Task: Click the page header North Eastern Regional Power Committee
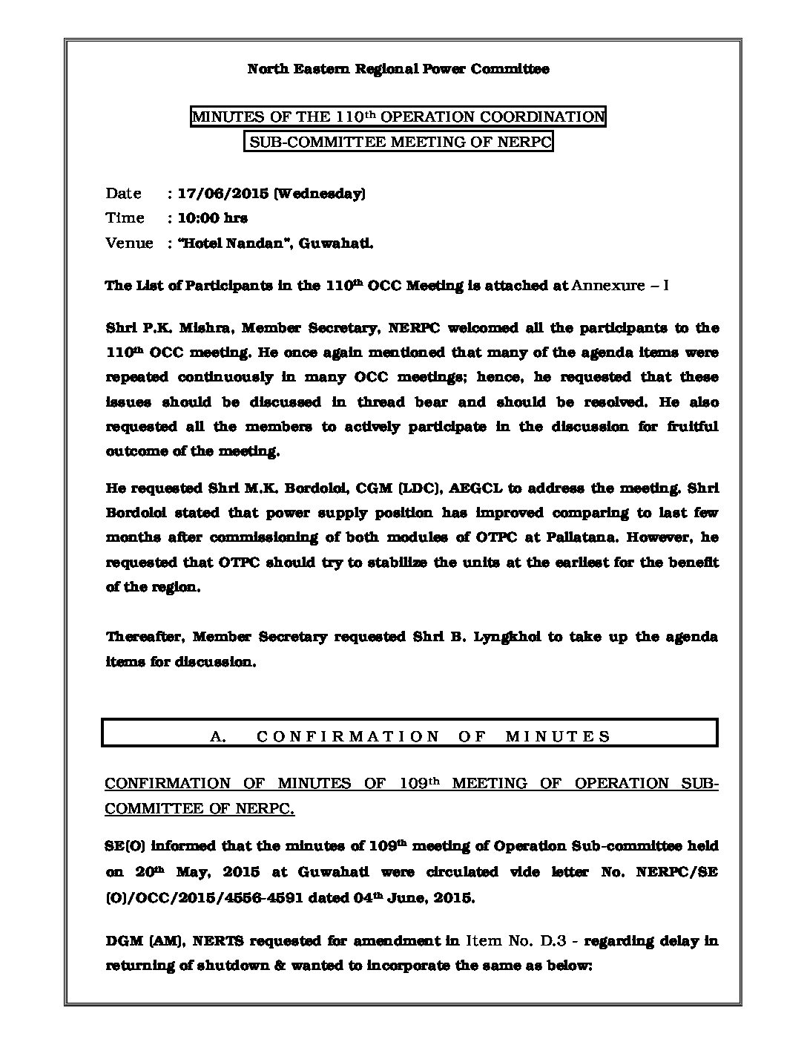(x=398, y=69)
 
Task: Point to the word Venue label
(x=129, y=243)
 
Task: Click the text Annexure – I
(x=621, y=286)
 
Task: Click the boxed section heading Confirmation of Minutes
(x=409, y=736)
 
